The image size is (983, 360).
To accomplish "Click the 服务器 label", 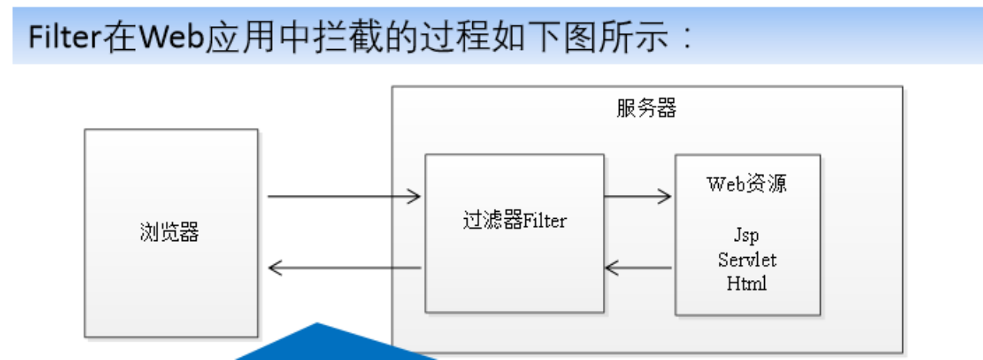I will coord(646,109).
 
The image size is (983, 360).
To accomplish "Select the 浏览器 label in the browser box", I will coord(170,232).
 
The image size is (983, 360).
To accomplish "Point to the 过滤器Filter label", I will coord(514,221).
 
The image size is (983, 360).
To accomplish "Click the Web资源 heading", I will coord(746,184).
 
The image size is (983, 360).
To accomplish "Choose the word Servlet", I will coord(746,259).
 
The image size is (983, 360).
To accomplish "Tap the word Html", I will coord(746,283).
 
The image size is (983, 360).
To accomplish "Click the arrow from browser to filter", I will coord(344,197).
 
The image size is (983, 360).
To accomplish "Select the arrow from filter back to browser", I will coord(344,268).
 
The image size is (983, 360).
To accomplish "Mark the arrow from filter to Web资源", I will coord(637,197).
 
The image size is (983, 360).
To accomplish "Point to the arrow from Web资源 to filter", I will coord(637,268).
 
